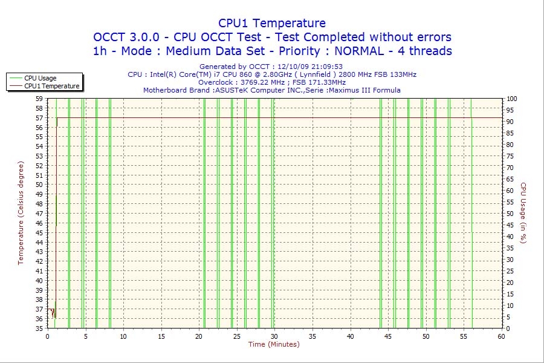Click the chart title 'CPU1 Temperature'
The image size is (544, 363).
point(272,23)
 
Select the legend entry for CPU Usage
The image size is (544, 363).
point(40,78)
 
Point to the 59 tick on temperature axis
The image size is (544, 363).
point(39,99)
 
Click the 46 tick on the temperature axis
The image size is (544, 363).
point(39,223)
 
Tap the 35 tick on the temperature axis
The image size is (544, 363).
point(39,329)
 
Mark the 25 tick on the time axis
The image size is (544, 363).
point(236,336)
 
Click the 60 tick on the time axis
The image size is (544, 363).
point(501,336)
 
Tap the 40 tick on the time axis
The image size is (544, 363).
point(350,336)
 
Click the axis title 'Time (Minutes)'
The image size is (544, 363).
point(274,345)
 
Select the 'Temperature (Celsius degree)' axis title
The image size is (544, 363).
point(21,213)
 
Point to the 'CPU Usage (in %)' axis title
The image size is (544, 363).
point(523,213)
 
